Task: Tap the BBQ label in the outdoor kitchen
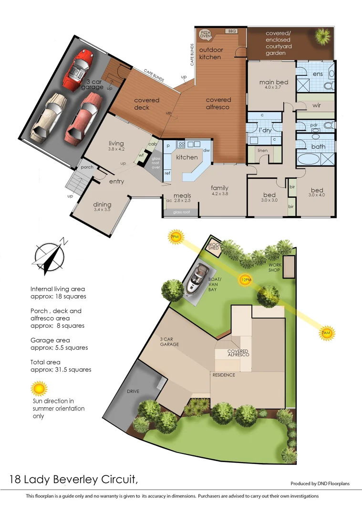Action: point(232,31)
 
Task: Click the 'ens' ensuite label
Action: point(318,74)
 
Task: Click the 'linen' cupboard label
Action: point(262,151)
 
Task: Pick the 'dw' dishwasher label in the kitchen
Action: point(207,150)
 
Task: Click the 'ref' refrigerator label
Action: point(167,173)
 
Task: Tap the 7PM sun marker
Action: point(175,237)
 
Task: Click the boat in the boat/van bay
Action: point(197,281)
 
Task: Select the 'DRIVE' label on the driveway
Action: point(133,391)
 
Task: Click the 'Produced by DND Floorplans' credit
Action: point(320,483)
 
